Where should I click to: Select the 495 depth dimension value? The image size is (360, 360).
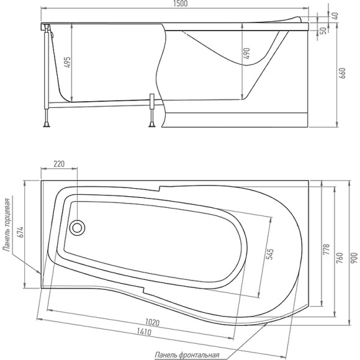point(68,62)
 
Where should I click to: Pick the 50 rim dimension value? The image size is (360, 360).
point(324,30)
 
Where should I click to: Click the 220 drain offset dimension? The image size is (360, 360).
point(59,164)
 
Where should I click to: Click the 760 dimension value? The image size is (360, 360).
point(340,258)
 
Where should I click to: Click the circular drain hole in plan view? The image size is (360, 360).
point(79,227)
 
